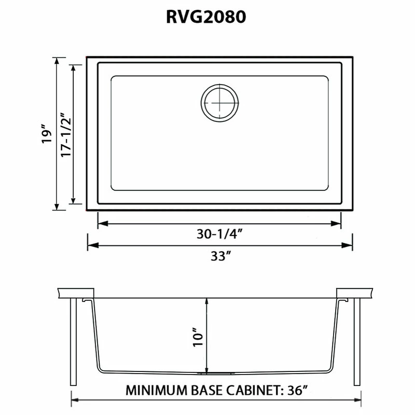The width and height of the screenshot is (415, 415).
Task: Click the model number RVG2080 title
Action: coord(206,18)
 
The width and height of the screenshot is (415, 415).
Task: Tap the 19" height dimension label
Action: coord(48,134)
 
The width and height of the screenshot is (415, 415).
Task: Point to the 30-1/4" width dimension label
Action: coord(220,234)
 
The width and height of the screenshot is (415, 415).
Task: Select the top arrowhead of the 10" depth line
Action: coord(208,302)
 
